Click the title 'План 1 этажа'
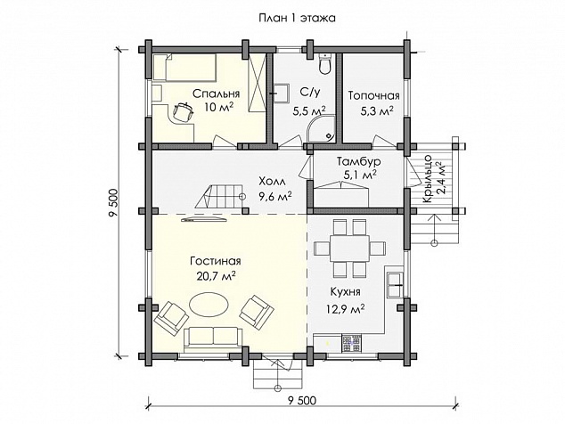click(297, 18)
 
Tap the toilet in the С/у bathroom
click(325, 64)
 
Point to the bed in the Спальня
click(184, 68)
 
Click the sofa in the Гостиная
click(213, 339)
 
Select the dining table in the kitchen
click(349, 249)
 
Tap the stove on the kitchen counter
click(351, 343)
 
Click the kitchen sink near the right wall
click(395, 285)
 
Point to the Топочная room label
click(374, 95)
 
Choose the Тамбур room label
click(358, 161)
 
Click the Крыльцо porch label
click(428, 178)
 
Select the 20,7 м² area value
click(217, 276)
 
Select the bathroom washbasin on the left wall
click(281, 94)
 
